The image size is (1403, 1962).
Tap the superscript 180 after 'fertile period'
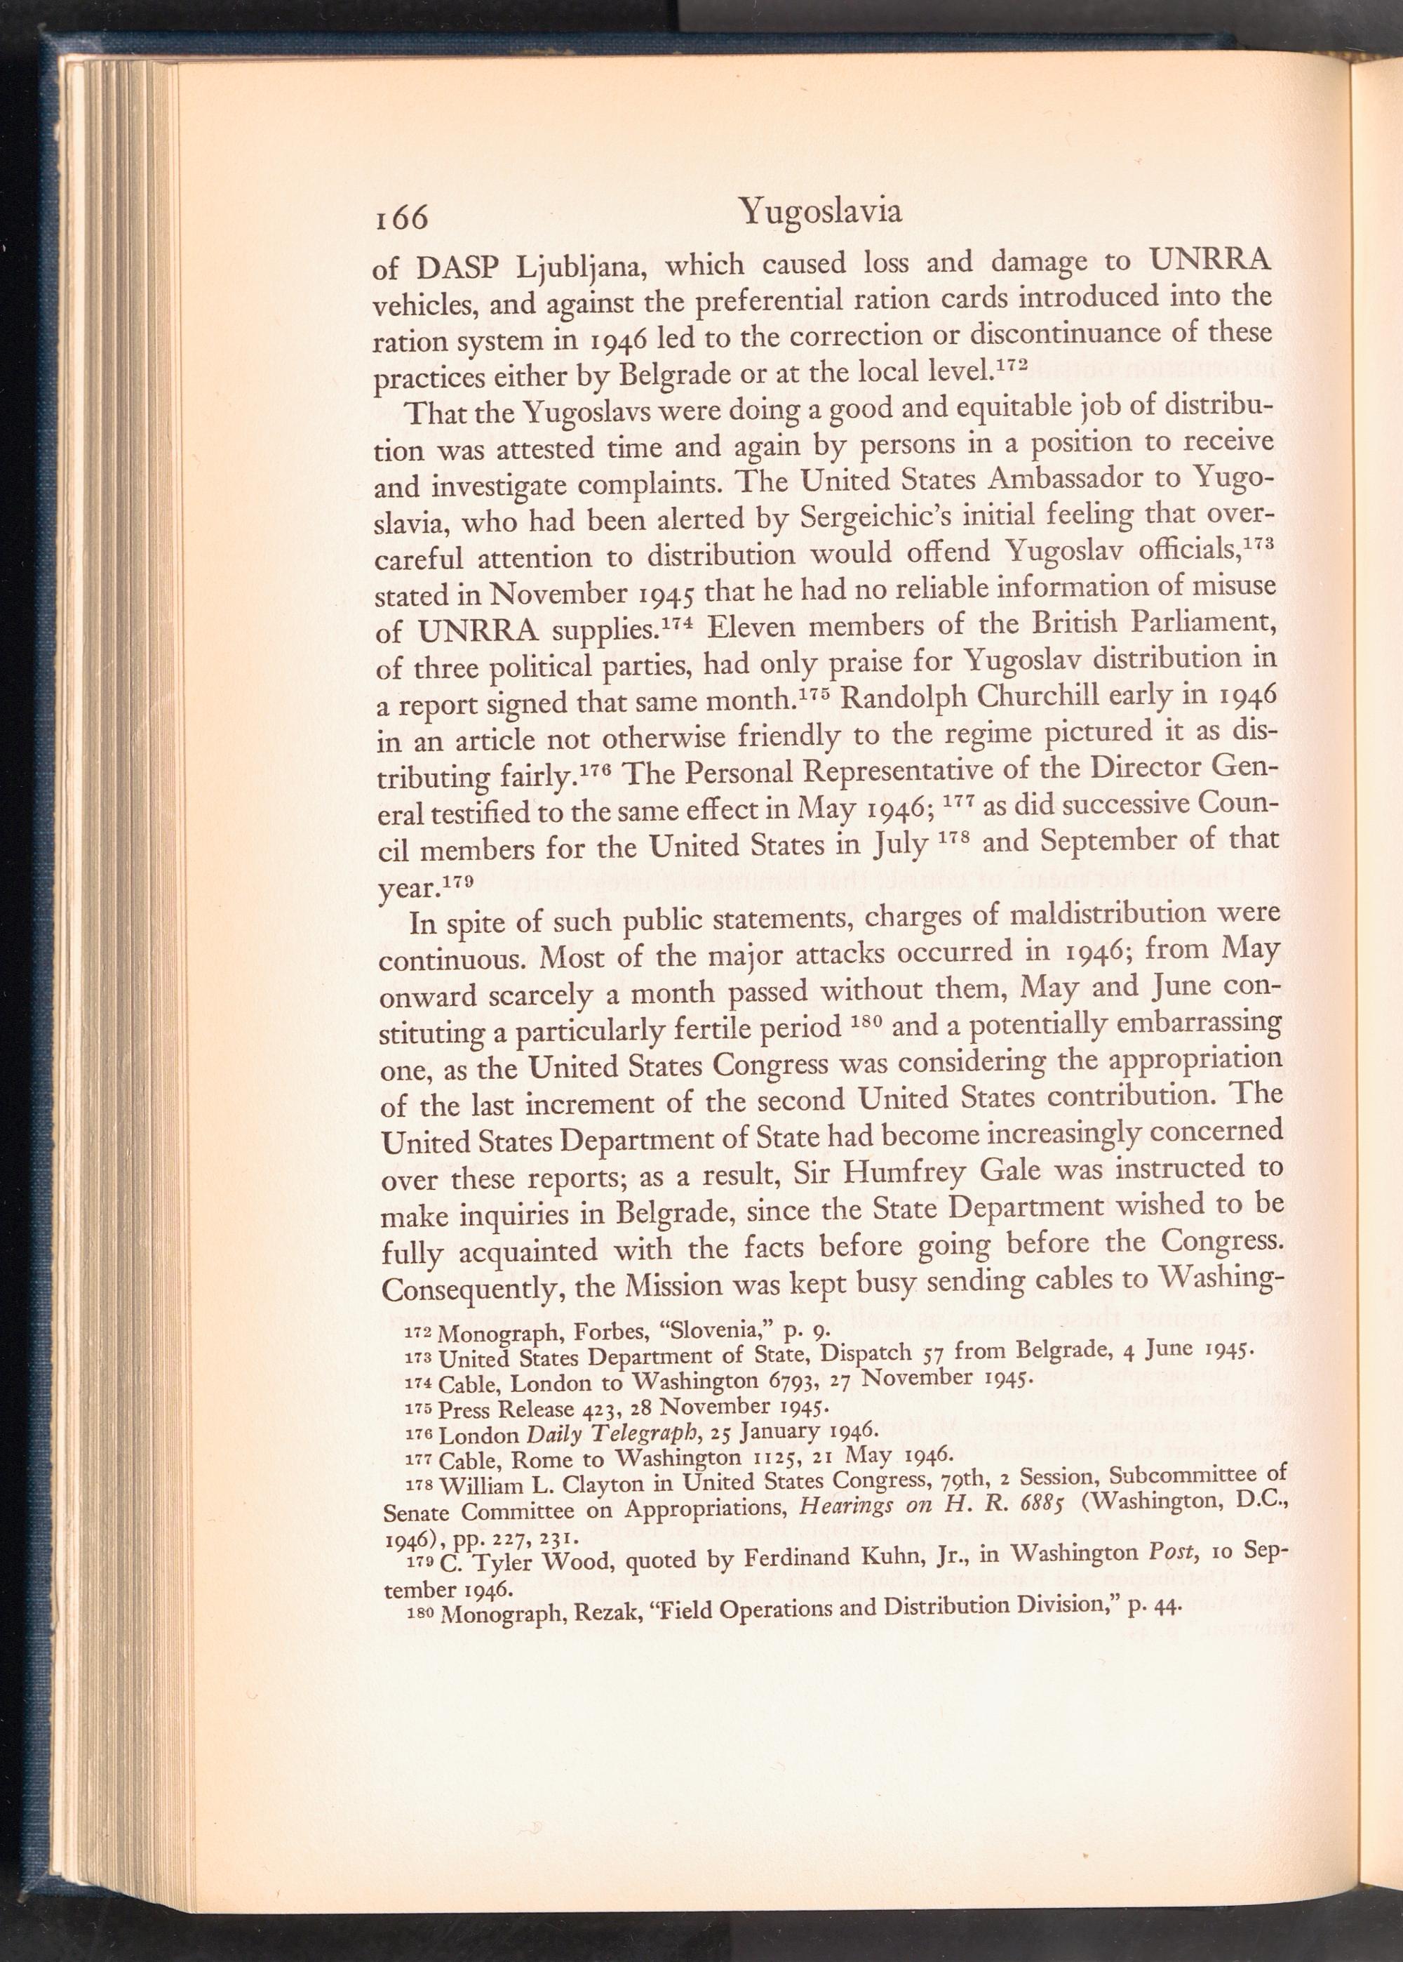865,1023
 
